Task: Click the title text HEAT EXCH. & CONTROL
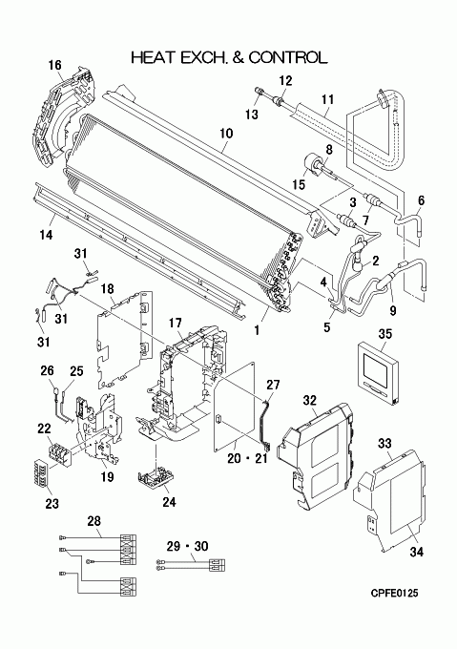[x=229, y=57]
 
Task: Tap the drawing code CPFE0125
[x=394, y=594]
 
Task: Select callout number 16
[x=54, y=65]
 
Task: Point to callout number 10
[x=226, y=134]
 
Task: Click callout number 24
[x=169, y=502]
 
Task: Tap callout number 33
[x=384, y=444]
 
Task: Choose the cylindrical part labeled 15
[x=314, y=165]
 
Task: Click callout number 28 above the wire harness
[x=93, y=521]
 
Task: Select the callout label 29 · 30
[x=187, y=546]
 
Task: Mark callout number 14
[x=46, y=235]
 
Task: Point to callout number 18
[x=107, y=288]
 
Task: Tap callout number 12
[x=285, y=80]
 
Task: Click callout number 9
[x=392, y=310]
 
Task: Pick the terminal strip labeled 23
[x=44, y=477]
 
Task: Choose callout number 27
[x=273, y=385]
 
